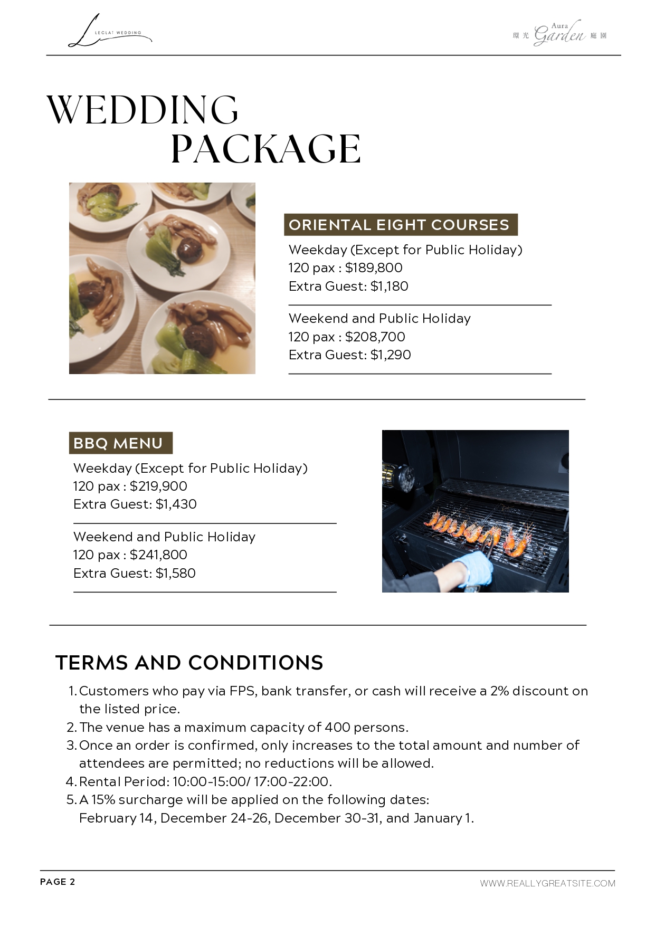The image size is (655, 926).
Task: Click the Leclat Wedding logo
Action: coord(110,32)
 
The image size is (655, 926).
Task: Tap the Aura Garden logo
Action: coord(559,34)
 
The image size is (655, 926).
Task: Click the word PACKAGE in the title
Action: coord(265,149)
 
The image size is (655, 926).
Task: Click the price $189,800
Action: coord(374,268)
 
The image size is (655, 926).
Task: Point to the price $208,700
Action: coord(375,337)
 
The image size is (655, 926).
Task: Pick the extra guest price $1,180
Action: coord(390,287)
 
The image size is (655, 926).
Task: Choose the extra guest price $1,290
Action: coord(391,355)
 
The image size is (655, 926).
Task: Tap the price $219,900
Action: coord(158,486)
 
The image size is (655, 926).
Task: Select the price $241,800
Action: coord(158,555)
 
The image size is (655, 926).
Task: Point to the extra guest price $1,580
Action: coord(176,574)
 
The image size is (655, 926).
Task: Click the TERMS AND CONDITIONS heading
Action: coord(189,663)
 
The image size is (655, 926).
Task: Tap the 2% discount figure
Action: coord(499,691)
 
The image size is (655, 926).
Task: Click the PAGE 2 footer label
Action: coord(58,882)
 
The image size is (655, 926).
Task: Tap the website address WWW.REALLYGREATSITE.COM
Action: coord(547,883)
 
